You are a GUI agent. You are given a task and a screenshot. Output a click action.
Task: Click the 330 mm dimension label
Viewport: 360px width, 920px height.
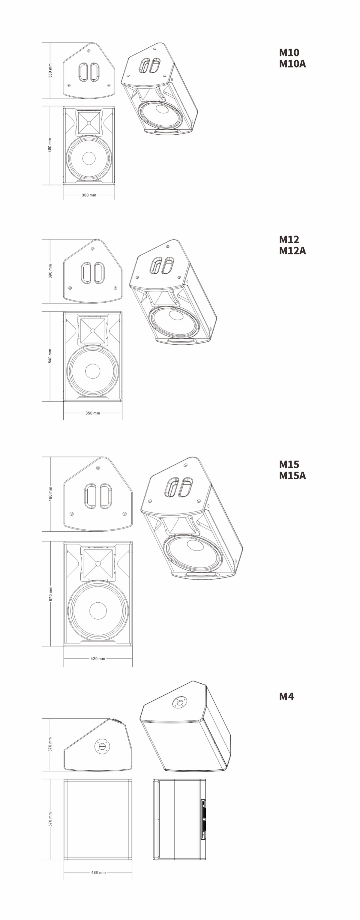(x=50, y=71)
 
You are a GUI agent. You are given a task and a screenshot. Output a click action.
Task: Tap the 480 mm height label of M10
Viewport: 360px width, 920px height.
(x=50, y=145)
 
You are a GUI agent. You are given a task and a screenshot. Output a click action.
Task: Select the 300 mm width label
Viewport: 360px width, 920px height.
(x=89, y=195)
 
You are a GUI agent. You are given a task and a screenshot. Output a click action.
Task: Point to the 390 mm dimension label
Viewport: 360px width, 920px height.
(x=50, y=271)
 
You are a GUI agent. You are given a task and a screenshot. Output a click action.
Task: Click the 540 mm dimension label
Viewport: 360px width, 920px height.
(x=50, y=356)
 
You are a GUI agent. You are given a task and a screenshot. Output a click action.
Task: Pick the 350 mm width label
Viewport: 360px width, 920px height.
(x=93, y=413)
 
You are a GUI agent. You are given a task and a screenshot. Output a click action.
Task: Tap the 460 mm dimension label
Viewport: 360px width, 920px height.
(x=50, y=494)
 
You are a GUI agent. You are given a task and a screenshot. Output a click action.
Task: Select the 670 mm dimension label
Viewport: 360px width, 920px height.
(x=50, y=594)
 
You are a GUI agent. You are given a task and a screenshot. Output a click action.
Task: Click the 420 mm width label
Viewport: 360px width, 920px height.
(x=98, y=658)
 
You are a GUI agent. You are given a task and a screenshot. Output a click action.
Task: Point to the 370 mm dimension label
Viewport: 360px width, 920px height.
(x=50, y=744)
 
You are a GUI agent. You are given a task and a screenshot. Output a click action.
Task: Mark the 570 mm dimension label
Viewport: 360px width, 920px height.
(x=50, y=819)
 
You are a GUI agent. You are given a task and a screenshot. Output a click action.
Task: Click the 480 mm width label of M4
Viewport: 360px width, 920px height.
(x=98, y=873)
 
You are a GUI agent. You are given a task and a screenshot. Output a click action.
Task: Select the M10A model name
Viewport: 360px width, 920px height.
(x=292, y=64)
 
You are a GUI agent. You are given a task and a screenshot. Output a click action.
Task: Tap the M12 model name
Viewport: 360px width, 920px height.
(x=289, y=239)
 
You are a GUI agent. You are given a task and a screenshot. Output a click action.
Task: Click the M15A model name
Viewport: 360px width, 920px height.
(x=292, y=476)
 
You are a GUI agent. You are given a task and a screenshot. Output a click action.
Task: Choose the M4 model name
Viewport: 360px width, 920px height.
(x=286, y=697)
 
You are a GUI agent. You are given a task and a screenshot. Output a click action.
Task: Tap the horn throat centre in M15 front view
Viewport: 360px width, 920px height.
(x=98, y=564)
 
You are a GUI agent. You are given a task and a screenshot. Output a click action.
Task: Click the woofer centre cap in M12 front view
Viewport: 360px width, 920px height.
(x=93, y=371)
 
